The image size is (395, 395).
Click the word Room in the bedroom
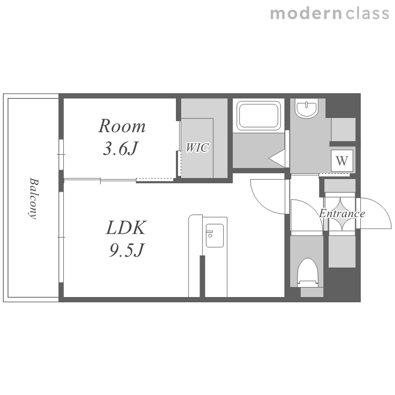tap(122, 126)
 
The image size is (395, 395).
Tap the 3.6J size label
tap(121, 149)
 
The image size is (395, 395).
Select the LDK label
tap(126, 228)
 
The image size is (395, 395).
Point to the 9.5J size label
tap(126, 250)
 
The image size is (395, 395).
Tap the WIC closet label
tap(197, 147)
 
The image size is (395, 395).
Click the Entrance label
tap(342, 214)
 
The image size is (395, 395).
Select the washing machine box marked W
tap(342, 161)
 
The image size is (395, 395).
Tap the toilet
tap(308, 273)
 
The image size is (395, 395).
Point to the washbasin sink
tap(307, 108)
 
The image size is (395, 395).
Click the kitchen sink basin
tap(215, 235)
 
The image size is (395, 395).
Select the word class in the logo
tap(367, 14)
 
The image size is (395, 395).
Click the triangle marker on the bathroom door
tap(277, 159)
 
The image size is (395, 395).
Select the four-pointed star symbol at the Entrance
tap(342, 214)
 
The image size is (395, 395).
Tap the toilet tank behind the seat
tap(312, 292)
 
